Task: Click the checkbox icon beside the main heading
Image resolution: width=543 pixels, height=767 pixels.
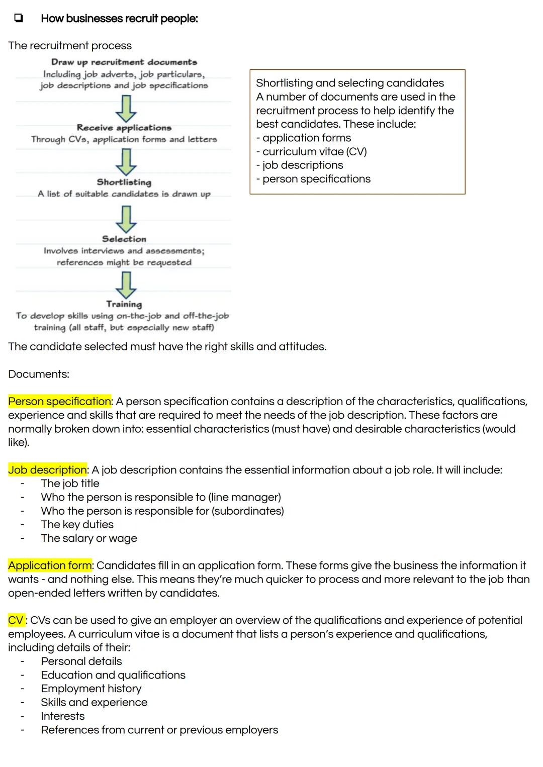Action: pos(18,18)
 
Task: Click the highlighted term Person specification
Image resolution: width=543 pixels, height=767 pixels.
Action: pos(59,401)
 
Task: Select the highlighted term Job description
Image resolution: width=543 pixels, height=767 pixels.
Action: pos(47,469)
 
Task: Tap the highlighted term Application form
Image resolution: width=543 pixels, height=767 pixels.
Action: pos(50,565)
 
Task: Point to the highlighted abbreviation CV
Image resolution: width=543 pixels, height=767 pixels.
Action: pos(16,620)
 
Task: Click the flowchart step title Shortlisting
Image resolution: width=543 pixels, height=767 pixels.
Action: pos(124,182)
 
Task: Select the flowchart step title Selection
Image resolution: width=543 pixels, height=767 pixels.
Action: pos(124,239)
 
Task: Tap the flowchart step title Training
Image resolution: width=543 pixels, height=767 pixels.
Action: pos(124,304)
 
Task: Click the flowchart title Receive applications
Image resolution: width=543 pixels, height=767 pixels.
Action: pos(124,128)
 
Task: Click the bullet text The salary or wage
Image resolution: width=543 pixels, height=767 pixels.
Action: pos(89,538)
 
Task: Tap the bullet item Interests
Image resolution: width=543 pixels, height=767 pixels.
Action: pos(63,716)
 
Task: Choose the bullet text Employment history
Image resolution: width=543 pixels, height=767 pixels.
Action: pos(91,688)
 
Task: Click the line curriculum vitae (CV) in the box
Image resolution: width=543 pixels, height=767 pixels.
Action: pos(314,151)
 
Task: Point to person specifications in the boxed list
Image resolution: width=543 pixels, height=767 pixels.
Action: pos(316,179)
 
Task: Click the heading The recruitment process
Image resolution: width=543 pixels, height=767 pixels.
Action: pos(70,45)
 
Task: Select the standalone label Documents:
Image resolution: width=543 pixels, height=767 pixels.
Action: pos(39,374)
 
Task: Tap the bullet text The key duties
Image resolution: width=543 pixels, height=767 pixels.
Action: pos(77,524)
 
